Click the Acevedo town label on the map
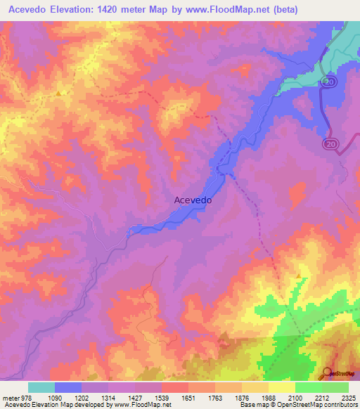(193, 200)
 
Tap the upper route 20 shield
(330, 82)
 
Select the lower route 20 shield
(330, 143)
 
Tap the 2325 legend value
(347, 398)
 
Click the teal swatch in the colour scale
(41, 387)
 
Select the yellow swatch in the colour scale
(281, 387)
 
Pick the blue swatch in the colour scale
(68, 387)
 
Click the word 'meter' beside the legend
(8, 398)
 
